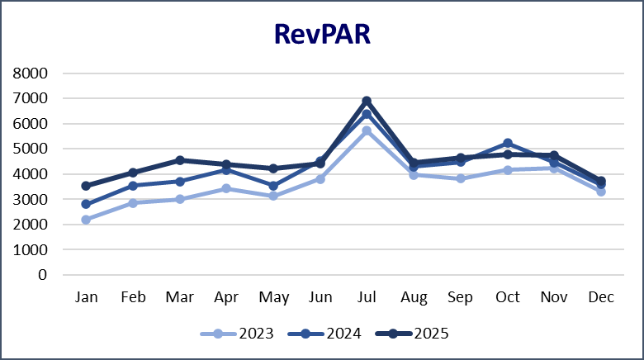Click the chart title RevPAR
coord(322,36)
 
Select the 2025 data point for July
coord(367,102)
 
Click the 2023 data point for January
coord(85,220)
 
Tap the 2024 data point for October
coord(507,143)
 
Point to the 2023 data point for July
coord(367,130)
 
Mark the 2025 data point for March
coord(179,160)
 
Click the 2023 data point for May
coord(272,196)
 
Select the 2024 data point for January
coord(85,204)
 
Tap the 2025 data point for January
coord(85,186)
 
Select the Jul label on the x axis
coord(367,297)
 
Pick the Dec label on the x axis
coord(601,297)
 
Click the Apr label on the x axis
coord(225,297)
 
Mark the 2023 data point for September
coord(461,178)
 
